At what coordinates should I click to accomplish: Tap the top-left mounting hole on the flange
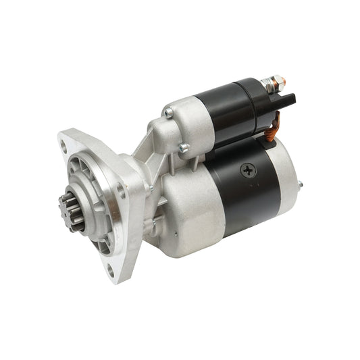[x=63, y=142]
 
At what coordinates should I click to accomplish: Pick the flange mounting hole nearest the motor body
[x=122, y=192]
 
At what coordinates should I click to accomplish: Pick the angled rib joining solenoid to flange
[x=143, y=152]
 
